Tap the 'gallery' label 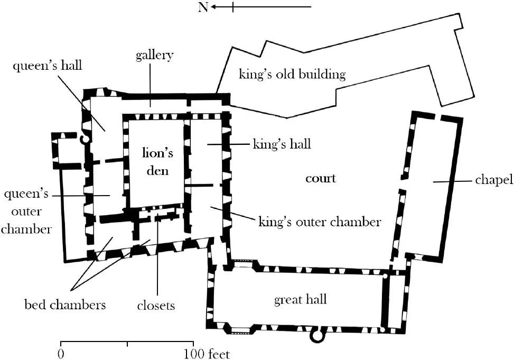click(154, 56)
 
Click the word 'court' click(321, 178)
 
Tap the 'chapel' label click(494, 180)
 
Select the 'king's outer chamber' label click(319, 221)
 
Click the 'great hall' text click(300, 300)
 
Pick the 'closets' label click(157, 305)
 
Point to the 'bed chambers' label click(66, 304)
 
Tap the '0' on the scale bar click(62, 354)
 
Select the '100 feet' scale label click(207, 354)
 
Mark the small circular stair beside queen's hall click(83, 140)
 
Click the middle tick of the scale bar click(127, 344)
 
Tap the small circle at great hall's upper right click(386, 275)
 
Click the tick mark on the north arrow click(232, 7)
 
